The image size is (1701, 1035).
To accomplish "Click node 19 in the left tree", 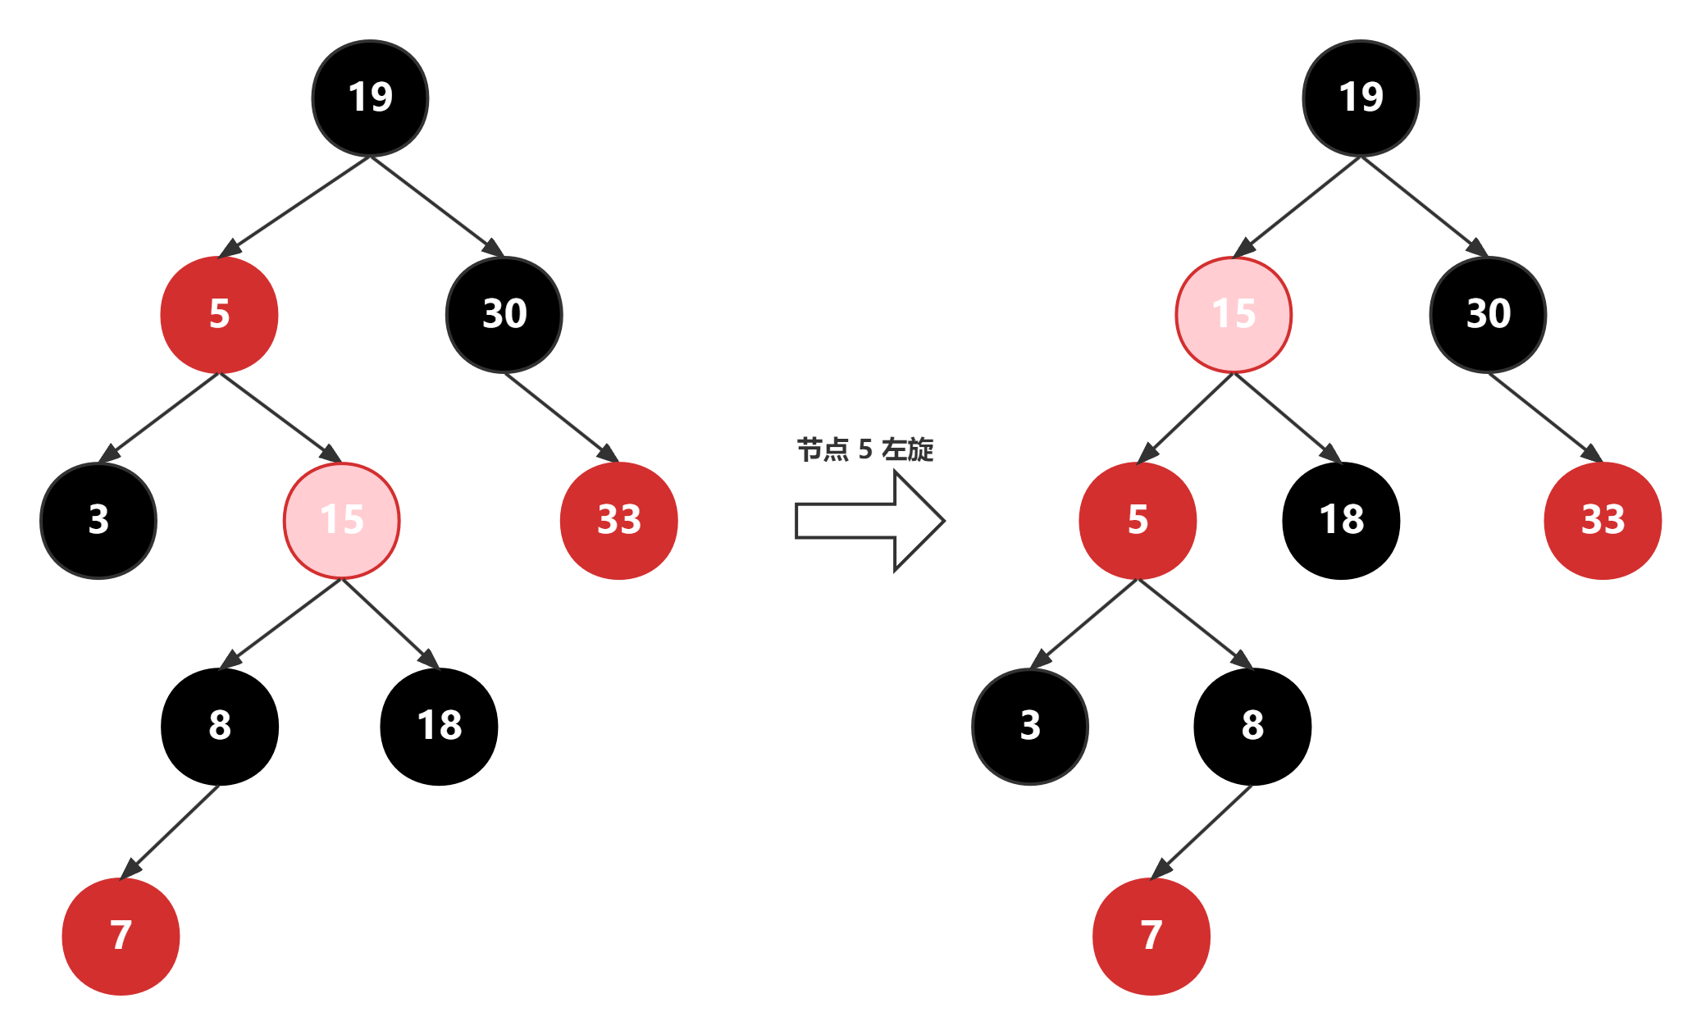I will point(370,98).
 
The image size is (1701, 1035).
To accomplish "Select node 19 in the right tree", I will point(1361,98).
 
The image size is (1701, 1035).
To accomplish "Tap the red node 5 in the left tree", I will point(219,314).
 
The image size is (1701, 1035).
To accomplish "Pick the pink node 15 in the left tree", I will point(341,520).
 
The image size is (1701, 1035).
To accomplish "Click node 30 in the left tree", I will point(504,314).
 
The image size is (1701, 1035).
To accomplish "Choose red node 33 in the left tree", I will point(618,520).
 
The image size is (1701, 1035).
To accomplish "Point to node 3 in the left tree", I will point(98,520).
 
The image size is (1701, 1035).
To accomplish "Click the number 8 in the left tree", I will point(220,726).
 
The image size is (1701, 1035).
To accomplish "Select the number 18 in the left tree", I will point(440,726).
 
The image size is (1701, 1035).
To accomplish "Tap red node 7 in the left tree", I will point(121,936).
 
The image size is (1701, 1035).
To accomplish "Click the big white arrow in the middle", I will point(869,521).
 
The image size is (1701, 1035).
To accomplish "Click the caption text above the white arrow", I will point(865,449).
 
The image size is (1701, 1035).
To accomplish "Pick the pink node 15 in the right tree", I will point(1234,314).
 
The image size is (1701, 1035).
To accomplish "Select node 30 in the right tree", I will point(1488,314).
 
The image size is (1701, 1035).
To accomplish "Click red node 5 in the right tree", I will point(1138,520).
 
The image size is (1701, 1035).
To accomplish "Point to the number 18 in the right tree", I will point(1342,520).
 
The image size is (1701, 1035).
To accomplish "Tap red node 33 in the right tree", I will point(1603,520).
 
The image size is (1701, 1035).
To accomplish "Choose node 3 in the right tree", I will point(1030,726).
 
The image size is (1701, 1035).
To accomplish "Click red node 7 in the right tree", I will point(1151,936).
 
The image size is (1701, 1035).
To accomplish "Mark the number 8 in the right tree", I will point(1252,726).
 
